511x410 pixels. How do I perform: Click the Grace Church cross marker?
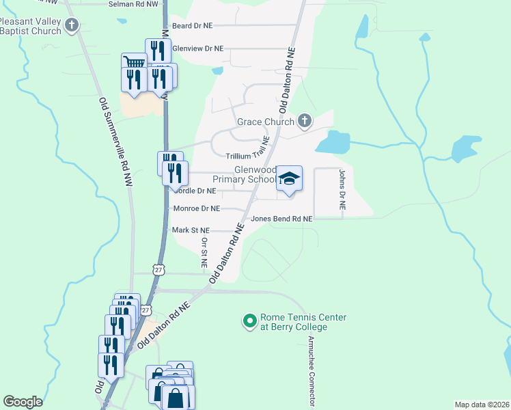[x=305, y=122]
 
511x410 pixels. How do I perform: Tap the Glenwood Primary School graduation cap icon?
[x=289, y=179]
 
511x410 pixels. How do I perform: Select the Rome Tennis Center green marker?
[x=249, y=320]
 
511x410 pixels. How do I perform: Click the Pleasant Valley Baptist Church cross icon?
[x=72, y=27]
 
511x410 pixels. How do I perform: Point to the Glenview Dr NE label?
[x=197, y=49]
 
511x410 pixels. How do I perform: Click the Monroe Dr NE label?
[x=197, y=208]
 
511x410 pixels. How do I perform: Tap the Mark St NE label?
[x=191, y=231]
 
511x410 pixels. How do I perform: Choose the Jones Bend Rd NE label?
[x=281, y=219]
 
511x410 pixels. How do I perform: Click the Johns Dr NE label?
[x=342, y=191]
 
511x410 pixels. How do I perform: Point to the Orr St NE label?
[x=204, y=251]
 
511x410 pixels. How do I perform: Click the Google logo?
[x=23, y=402]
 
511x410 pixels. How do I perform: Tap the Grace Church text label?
[x=265, y=122]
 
